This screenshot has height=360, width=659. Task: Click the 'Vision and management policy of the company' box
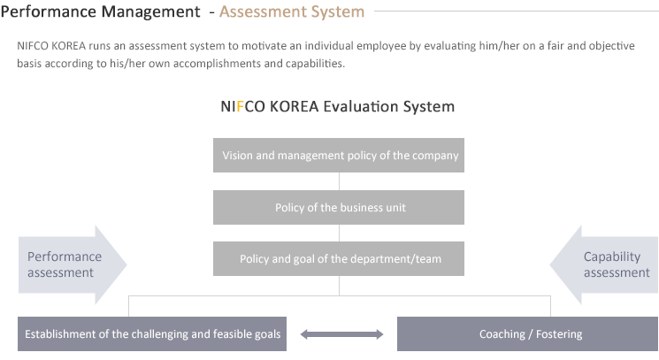pos(338,155)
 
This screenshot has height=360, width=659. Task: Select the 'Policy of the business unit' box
pos(338,207)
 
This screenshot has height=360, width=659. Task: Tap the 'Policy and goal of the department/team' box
pos(338,258)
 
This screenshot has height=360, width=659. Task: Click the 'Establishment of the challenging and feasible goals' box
pos(152,334)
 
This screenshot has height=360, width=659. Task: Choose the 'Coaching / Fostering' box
pos(527,334)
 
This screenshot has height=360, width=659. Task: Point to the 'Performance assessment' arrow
pos(73,264)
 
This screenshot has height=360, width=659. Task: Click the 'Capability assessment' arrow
pos(604,264)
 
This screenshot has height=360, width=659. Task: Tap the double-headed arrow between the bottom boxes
pos(341,334)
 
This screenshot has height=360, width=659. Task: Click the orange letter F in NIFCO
pos(240,107)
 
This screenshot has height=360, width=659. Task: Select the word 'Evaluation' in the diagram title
pos(361,107)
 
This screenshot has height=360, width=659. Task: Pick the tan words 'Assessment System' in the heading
pos(292,11)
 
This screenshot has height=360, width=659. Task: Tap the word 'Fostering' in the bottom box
pos(559,334)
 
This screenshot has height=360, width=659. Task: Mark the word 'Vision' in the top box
pos(237,156)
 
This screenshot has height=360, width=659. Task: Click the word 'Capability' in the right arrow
pos(612,257)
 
